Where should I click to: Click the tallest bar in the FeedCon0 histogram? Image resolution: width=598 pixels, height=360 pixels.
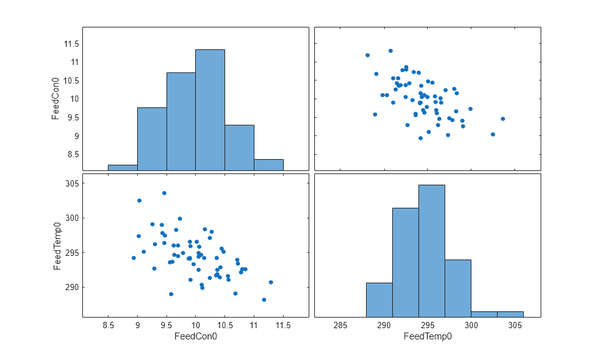[210, 109]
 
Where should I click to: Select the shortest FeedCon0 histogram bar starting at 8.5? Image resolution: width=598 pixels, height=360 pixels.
[123, 167]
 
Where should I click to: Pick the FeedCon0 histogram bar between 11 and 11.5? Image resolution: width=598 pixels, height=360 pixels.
[269, 164]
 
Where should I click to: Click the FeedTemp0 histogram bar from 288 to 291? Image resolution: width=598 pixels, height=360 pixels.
[379, 299]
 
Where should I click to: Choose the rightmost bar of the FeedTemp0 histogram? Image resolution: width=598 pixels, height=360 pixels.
[510, 314]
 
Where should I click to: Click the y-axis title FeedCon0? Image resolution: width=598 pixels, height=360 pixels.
[57, 99]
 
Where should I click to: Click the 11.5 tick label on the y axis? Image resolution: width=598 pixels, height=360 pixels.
[69, 43]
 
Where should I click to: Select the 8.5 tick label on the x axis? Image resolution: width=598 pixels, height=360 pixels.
[109, 325]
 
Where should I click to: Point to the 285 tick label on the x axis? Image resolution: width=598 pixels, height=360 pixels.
[340, 325]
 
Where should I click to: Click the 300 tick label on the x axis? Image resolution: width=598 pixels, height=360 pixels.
[471, 325]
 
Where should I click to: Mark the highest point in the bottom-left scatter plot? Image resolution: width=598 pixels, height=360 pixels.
[164, 193]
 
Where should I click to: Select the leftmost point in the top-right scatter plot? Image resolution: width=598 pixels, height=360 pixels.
[367, 55]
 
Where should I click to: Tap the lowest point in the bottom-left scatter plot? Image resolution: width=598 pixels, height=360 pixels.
[264, 299]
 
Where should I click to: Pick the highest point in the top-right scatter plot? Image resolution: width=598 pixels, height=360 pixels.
[390, 51]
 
